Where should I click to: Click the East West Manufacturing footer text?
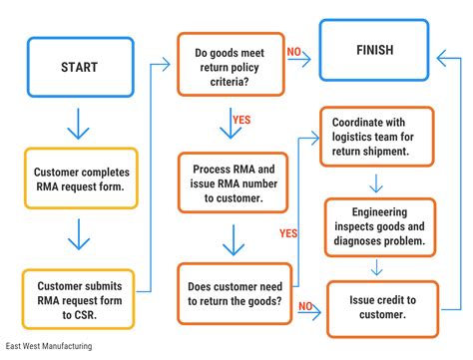48,348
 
